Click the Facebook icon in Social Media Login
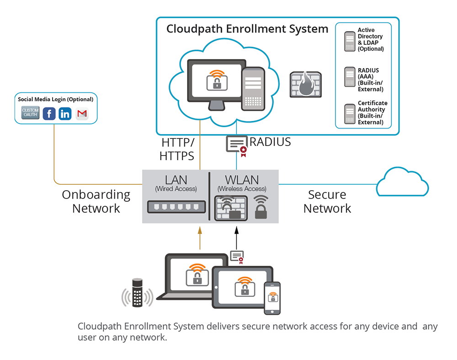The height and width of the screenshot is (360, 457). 49,113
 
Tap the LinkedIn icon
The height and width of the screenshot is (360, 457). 65,113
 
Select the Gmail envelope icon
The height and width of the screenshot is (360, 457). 82,113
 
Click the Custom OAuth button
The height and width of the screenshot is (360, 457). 30,113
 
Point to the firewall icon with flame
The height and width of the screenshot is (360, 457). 305,84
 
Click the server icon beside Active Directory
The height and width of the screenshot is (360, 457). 350,42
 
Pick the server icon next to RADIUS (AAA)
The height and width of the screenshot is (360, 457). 350,77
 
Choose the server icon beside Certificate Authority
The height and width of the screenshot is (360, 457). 350,114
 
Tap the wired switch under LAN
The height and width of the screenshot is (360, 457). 176,207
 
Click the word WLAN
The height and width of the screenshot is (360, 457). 242,180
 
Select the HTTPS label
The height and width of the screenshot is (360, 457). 176,156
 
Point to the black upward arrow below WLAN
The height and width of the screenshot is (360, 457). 237,238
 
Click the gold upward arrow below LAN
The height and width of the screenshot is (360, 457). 200,238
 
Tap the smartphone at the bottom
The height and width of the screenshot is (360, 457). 272,298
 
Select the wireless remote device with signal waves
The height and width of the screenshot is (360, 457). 137,293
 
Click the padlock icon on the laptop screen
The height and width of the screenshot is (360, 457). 197,275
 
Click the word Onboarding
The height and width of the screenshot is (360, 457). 96,195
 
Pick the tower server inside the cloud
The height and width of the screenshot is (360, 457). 253,89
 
